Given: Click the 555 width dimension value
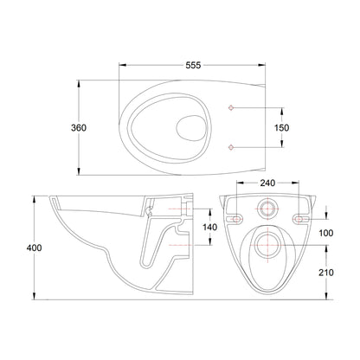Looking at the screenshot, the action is click(x=193, y=66).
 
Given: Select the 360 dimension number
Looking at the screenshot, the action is click(x=79, y=127).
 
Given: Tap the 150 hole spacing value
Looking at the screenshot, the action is click(x=281, y=127).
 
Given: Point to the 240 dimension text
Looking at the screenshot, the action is click(x=267, y=183).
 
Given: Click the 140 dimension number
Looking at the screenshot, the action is click(x=209, y=228).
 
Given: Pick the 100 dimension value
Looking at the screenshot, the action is click(x=326, y=233).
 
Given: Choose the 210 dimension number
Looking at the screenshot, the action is click(x=326, y=273).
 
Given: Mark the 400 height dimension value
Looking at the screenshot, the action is click(x=34, y=247).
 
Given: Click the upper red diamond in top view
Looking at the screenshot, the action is click(x=231, y=108).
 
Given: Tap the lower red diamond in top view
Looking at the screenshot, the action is click(x=231, y=147).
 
